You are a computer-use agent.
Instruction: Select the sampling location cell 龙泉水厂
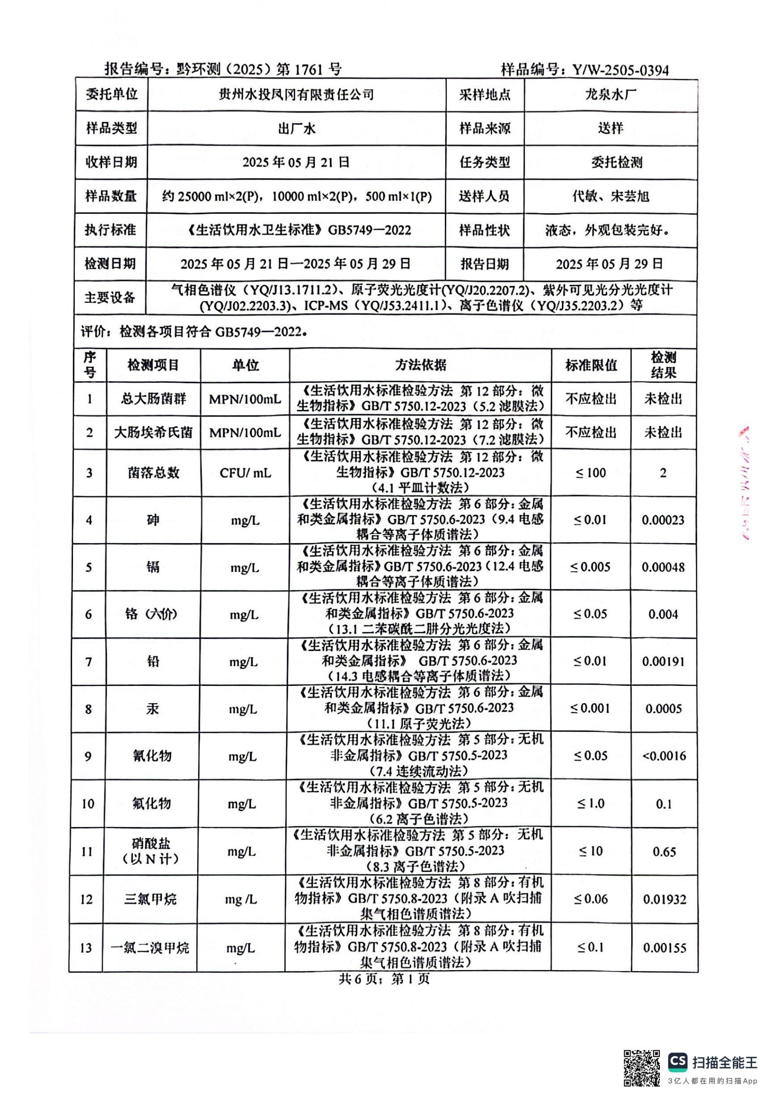click(x=610, y=95)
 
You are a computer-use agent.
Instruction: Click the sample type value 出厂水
click(x=296, y=129)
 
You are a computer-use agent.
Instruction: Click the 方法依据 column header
click(x=420, y=365)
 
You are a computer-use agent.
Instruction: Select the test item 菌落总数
click(x=153, y=473)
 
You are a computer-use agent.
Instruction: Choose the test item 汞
click(x=152, y=709)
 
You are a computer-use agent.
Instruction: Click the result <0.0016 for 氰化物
click(x=664, y=756)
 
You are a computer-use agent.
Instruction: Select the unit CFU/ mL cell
click(x=245, y=473)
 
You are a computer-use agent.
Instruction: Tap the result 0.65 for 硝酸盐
click(x=664, y=852)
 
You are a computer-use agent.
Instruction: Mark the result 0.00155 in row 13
click(x=665, y=948)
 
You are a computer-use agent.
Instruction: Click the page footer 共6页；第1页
click(x=384, y=979)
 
